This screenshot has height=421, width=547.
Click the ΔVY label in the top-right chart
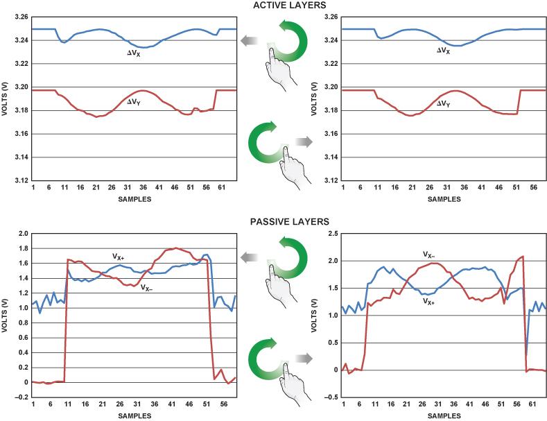[x=442, y=105]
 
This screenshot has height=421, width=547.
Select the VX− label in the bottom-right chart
[x=432, y=255]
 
